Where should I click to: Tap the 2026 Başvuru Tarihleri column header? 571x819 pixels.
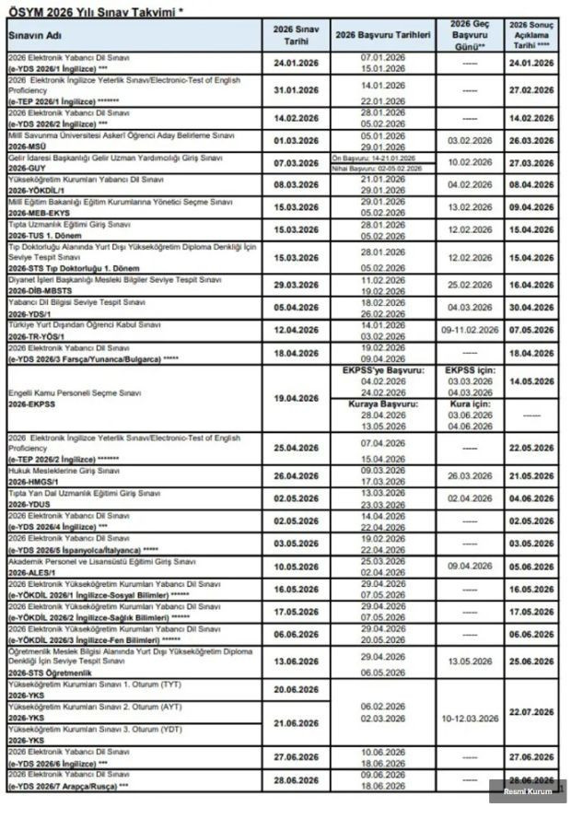[383, 34]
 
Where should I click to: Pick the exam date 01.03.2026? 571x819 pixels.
[297, 140]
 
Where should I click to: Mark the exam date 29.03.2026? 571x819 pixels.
[297, 286]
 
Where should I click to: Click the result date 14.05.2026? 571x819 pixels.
[531, 380]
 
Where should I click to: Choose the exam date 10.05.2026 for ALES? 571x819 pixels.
[297, 567]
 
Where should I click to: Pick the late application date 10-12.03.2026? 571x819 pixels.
[470, 714]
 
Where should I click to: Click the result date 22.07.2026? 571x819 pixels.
[531, 712]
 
